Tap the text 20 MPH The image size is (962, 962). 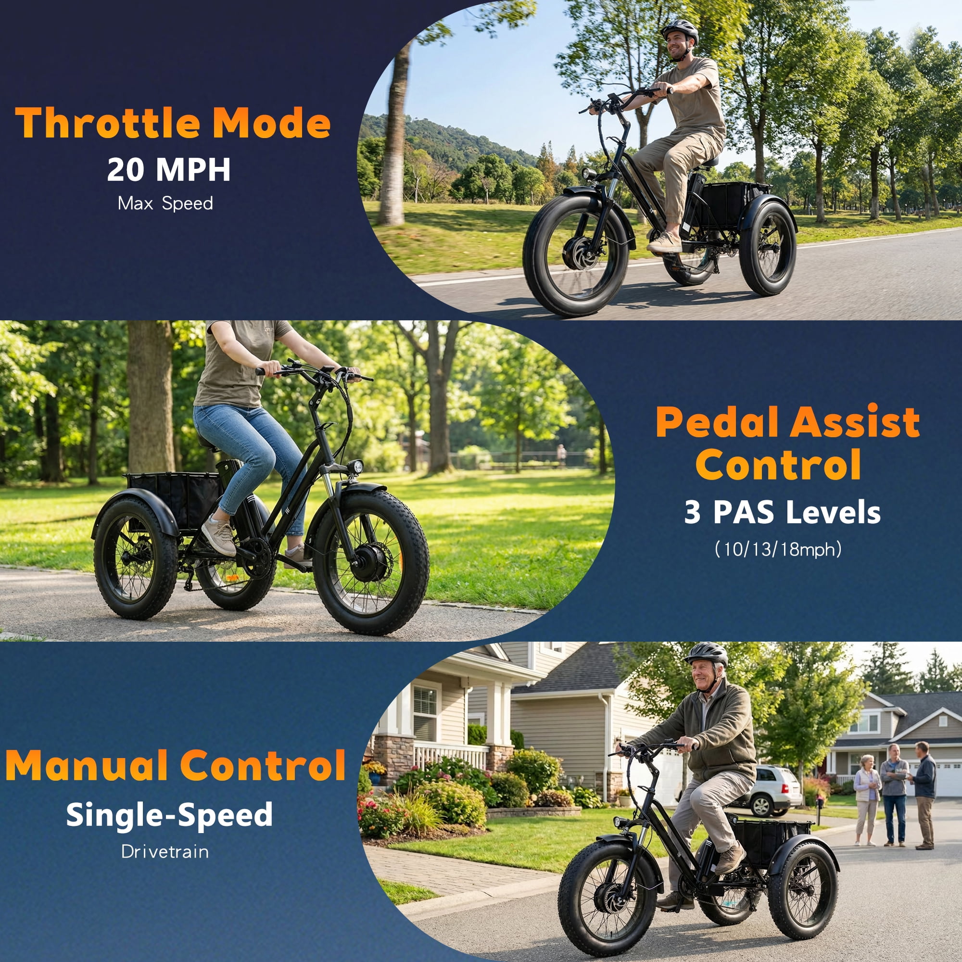pos(169,170)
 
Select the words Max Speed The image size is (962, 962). pos(165,203)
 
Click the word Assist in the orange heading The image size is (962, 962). pos(855,422)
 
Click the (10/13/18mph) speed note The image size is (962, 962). pos(778,549)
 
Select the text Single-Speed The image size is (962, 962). pos(169,816)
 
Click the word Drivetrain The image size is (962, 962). pos(165,851)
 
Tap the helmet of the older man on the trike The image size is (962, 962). pos(706,653)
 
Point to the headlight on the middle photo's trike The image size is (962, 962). pos(355,466)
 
